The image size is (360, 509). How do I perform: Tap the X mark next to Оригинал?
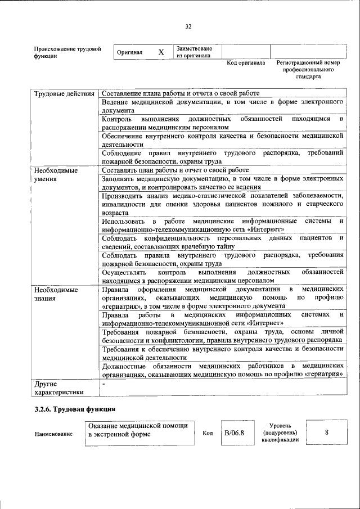point(161,52)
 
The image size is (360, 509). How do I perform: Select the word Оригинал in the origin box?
point(129,52)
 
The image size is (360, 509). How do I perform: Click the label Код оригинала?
point(246,63)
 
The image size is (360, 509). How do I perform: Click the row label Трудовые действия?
point(64,93)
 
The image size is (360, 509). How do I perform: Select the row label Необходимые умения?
point(56,174)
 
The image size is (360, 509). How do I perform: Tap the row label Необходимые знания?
point(56,294)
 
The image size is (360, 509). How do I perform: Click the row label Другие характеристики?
point(58,388)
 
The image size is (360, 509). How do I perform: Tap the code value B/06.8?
point(234,433)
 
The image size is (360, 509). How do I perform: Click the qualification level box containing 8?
point(326,433)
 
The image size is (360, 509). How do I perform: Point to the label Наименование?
point(53,434)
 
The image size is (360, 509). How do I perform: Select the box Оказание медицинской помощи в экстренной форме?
point(140,433)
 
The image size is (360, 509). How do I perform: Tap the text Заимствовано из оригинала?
point(193,52)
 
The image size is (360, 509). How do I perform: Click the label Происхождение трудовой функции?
point(67,52)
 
